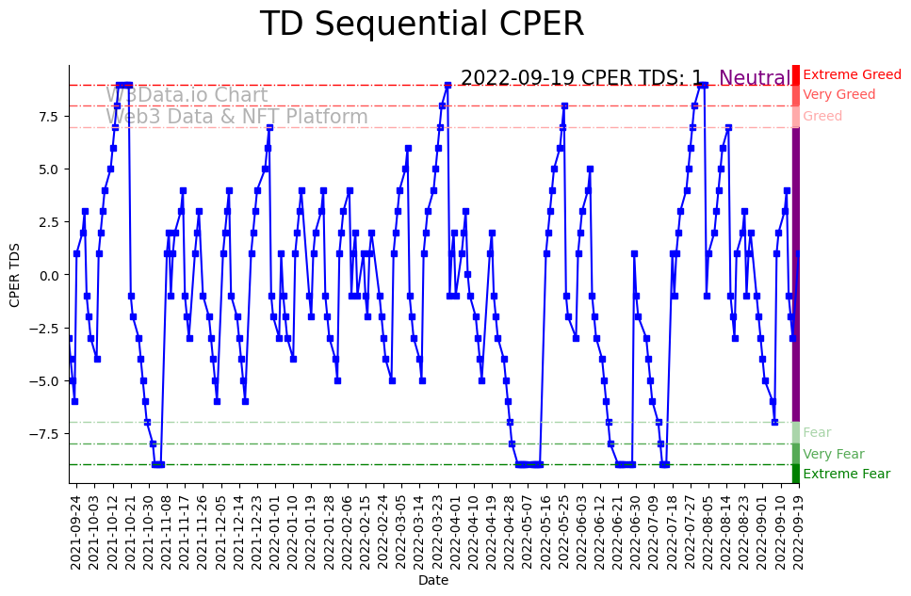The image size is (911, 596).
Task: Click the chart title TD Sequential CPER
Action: pos(421,24)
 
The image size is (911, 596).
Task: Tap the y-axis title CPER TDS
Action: pos(15,274)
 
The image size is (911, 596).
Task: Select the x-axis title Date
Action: pos(433,581)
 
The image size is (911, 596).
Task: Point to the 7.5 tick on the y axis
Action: pos(47,117)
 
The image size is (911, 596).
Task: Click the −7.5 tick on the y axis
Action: pos(44,434)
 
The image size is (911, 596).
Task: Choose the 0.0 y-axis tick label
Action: pos(47,275)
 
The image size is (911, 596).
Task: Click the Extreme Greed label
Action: pos(852,74)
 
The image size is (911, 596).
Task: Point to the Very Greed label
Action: pos(838,95)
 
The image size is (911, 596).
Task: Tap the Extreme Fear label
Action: pos(846,475)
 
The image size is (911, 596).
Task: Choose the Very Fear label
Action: pos(833,455)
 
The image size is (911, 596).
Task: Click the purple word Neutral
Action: pos(755,78)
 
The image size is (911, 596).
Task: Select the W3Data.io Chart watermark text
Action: pos(186,96)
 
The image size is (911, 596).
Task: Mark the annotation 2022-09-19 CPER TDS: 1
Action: pos(581,78)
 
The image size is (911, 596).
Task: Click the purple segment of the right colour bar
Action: pos(796,274)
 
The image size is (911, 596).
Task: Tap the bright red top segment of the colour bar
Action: pos(796,74)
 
